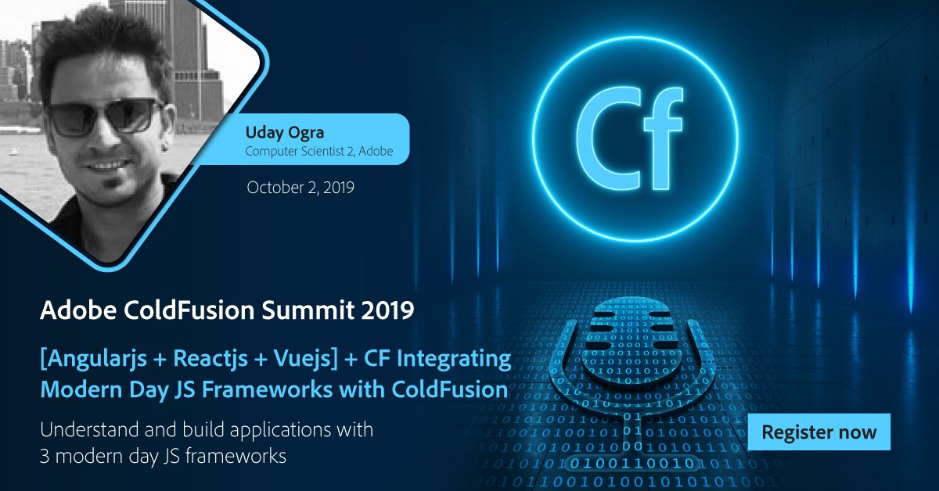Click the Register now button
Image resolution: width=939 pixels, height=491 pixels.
819,432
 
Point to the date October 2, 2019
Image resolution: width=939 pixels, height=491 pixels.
300,188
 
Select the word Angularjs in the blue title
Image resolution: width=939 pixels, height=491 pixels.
101,360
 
